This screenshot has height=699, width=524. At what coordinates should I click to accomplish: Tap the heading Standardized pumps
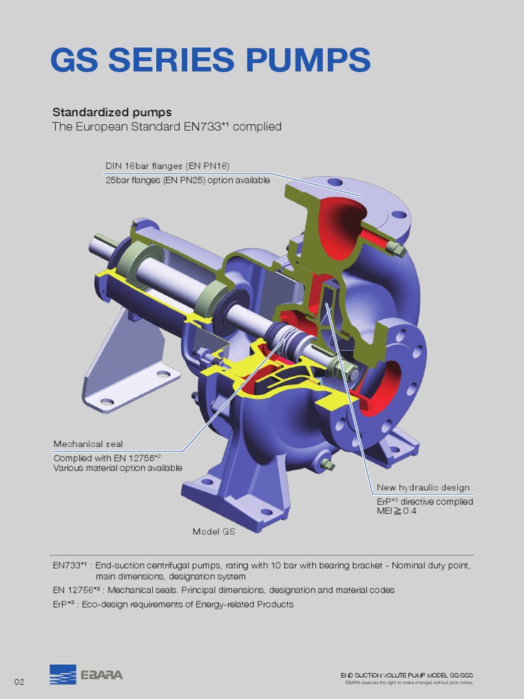coord(112,112)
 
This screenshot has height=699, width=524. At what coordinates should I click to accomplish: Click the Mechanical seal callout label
coord(88,444)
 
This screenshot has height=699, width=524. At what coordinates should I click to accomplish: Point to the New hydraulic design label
coord(423,487)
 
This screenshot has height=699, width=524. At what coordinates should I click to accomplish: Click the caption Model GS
coord(214,531)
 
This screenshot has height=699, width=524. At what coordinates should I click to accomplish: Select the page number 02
coord(19,682)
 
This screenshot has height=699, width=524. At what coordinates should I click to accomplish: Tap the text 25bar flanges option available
coord(187,180)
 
